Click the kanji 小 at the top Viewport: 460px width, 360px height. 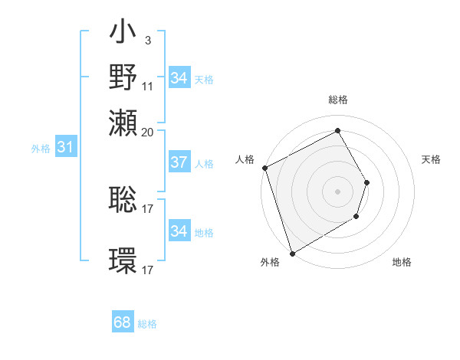tap(123, 35)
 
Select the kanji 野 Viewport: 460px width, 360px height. tap(123, 77)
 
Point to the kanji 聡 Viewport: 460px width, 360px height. tap(123, 200)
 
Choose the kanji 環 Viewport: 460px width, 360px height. tap(123, 260)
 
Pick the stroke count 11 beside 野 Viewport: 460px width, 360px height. tap(147, 87)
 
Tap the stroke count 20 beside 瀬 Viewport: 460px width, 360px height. tap(147, 132)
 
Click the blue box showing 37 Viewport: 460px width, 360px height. tap(179, 162)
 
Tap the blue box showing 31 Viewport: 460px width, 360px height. tap(65, 148)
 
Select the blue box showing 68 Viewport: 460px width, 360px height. tap(123, 322)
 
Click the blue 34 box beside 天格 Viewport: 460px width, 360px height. tap(179, 78)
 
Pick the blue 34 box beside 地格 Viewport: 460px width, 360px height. tap(179, 231)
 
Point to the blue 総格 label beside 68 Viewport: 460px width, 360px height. tap(147, 324)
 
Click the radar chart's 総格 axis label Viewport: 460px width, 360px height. tap(337, 100)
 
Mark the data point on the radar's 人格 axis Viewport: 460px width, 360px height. tap(264, 168)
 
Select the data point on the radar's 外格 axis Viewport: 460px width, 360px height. tap(292, 253)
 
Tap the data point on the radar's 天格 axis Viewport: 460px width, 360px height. tap(367, 182)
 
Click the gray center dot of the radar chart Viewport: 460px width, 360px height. tap(337, 191)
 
